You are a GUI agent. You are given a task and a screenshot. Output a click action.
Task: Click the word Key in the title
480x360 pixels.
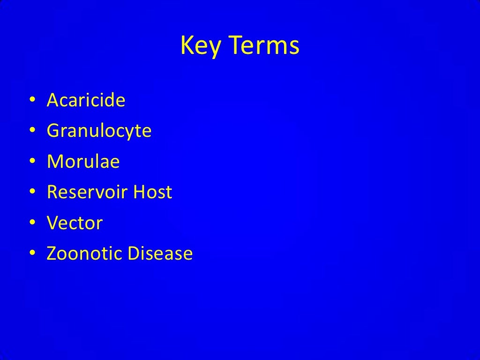[x=197, y=47]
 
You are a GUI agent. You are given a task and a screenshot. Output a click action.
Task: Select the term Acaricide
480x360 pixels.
[x=86, y=100]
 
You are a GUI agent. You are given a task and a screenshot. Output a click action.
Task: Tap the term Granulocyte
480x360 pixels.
[x=99, y=131]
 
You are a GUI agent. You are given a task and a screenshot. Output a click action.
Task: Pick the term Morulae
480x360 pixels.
[x=83, y=162]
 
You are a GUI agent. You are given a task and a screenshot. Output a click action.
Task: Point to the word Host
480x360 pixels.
[x=153, y=192]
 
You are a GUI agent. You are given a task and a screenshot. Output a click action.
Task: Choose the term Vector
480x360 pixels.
[x=75, y=223]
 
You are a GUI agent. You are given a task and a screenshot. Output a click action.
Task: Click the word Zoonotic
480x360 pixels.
[x=84, y=254]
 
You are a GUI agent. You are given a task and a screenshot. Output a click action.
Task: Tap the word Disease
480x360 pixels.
[x=160, y=254]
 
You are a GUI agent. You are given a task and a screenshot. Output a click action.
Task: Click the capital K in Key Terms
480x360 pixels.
[x=186, y=46]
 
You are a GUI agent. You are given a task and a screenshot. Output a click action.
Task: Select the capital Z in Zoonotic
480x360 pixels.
[x=52, y=254]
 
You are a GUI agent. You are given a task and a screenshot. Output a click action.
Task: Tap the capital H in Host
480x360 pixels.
[x=139, y=192]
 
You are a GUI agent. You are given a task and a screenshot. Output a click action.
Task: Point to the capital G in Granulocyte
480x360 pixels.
[x=53, y=131]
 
